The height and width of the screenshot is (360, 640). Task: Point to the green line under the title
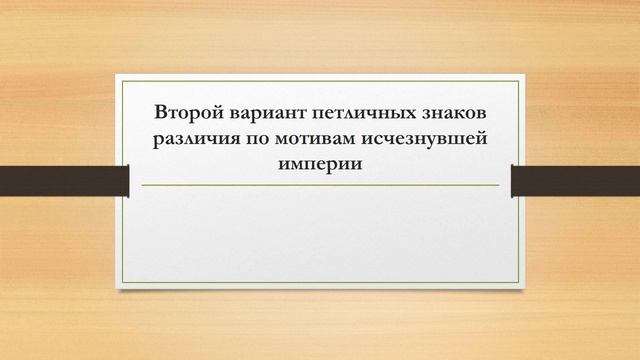click(320, 186)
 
